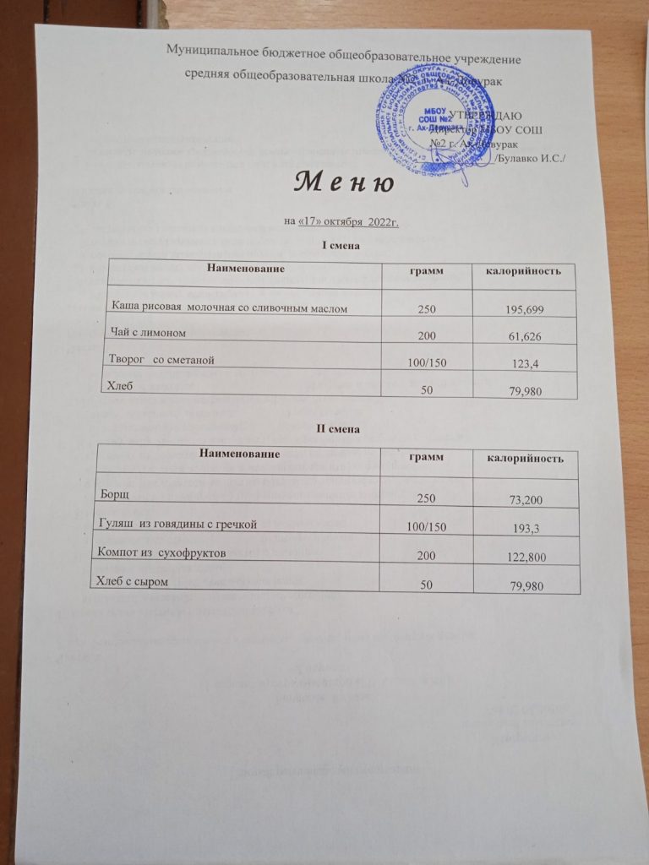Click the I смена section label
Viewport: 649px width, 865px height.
click(343, 246)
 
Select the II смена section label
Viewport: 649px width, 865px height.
click(343, 429)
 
